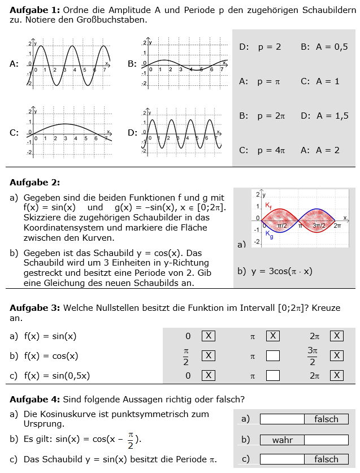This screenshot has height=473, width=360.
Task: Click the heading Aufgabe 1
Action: click(34, 10)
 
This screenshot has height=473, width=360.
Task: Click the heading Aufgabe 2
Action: click(34, 182)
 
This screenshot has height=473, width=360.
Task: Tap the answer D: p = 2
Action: click(260, 47)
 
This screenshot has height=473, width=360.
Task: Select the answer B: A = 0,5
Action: click(324, 47)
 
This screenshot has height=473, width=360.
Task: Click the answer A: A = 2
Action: click(320, 150)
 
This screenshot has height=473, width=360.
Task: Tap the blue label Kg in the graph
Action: click(270, 236)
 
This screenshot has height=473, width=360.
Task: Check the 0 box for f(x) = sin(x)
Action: click(208, 336)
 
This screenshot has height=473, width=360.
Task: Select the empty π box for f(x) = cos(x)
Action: click(273, 355)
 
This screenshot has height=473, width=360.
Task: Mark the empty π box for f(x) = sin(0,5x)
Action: click(273, 375)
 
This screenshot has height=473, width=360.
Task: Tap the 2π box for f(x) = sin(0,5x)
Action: click(337, 375)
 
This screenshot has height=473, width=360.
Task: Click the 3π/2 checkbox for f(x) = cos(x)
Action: click(337, 355)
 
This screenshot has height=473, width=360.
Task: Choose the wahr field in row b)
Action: click(282, 440)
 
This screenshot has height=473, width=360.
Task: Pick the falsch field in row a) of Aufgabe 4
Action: click(326, 419)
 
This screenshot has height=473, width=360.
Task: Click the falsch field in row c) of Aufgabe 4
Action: click(326, 459)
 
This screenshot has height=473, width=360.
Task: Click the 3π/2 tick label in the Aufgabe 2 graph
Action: click(319, 225)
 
